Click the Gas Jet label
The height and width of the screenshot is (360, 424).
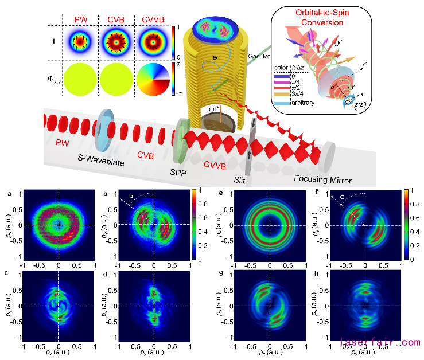point(257,57)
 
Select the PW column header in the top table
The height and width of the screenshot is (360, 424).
point(80,21)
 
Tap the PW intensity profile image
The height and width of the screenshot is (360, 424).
point(80,43)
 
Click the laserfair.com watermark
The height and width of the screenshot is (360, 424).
point(380,343)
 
